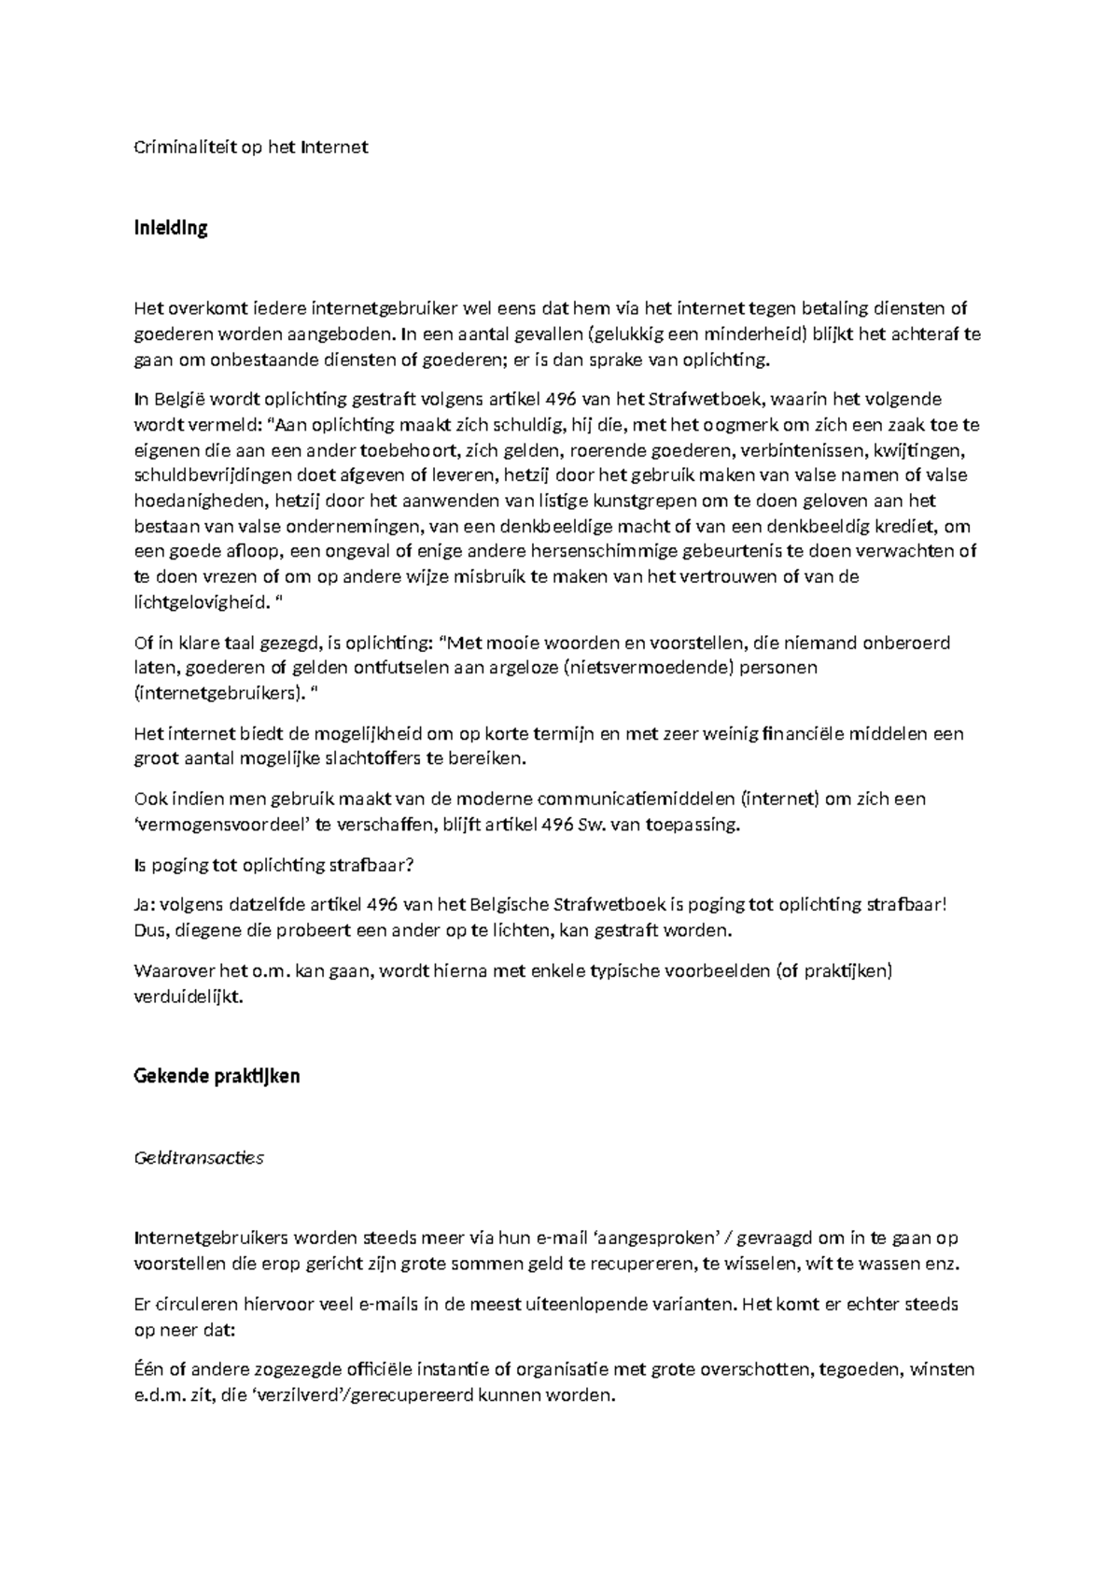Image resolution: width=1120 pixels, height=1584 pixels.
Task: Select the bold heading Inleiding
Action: point(171,228)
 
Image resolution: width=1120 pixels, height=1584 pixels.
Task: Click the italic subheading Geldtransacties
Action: point(200,1158)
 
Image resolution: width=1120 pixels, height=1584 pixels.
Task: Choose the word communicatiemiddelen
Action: point(636,799)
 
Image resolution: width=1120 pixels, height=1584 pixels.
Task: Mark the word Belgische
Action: point(511,905)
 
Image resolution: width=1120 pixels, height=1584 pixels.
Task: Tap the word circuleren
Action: point(202,1304)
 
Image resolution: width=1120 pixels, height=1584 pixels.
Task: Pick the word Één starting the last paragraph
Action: point(149,1369)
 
